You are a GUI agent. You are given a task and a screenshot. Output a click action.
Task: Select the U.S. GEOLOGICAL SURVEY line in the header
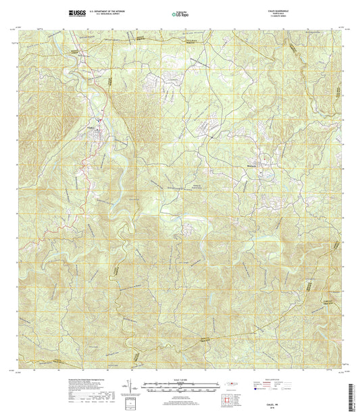(111, 14)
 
